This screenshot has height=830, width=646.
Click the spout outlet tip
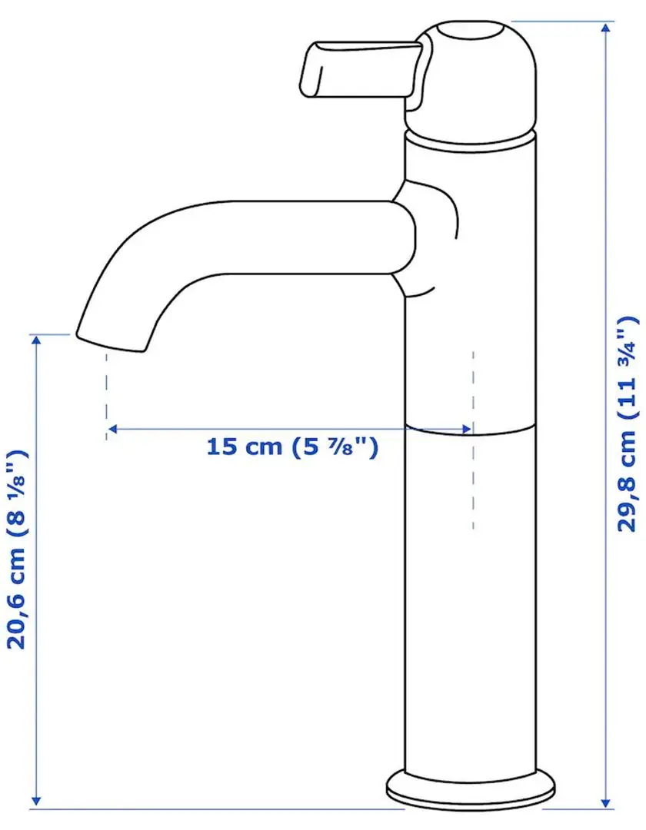click(x=112, y=342)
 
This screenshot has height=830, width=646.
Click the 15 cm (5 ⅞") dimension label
click(x=292, y=447)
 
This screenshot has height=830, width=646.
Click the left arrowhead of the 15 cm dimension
click(x=112, y=429)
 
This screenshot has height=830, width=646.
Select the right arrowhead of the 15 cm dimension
click(x=467, y=429)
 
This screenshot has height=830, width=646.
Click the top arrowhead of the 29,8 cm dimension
click(x=607, y=28)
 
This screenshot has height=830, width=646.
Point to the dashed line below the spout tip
click(x=106, y=396)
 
